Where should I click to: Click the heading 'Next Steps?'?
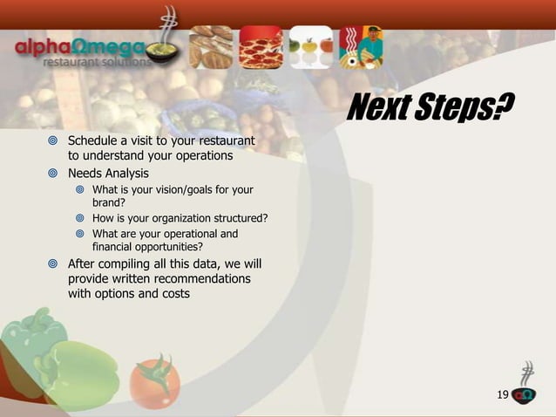click(x=430, y=108)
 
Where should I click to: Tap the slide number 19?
click(x=502, y=396)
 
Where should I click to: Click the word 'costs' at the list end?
click(x=175, y=293)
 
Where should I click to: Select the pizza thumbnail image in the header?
click(x=261, y=47)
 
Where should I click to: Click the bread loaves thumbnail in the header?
click(x=211, y=47)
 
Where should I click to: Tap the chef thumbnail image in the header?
click(x=361, y=47)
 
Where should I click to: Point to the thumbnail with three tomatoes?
click(x=311, y=47)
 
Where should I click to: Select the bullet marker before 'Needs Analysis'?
click(x=52, y=174)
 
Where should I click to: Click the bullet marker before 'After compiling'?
click(x=52, y=263)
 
